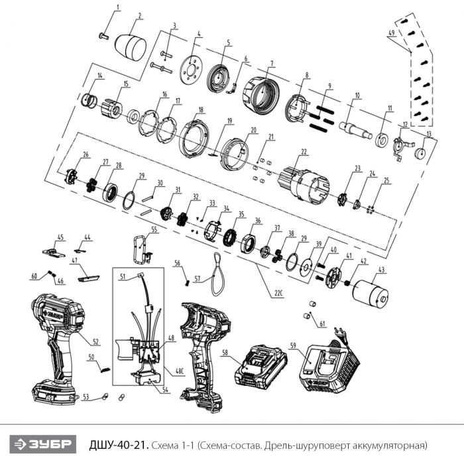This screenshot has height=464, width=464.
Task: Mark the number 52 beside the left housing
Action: coord(95,342)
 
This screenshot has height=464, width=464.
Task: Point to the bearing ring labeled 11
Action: coord(383,140)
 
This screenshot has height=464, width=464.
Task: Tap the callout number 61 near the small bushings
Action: coord(322,324)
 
